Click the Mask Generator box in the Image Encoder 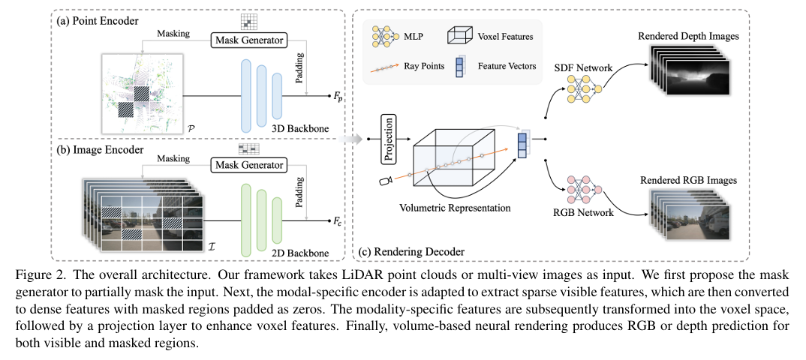(249, 164)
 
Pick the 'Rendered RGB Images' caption (687, 180)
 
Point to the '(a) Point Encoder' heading (98, 20)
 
